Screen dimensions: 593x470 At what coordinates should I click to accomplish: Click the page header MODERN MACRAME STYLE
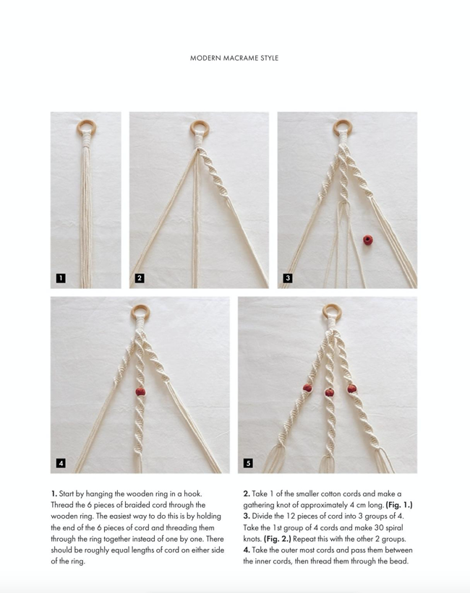pyautogui.click(x=234, y=58)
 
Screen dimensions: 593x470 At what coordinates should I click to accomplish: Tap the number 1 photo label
pyautogui.click(x=61, y=278)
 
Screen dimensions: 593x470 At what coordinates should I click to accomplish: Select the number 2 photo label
pyautogui.click(x=140, y=278)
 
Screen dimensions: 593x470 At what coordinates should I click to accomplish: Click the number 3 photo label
pyautogui.click(x=288, y=278)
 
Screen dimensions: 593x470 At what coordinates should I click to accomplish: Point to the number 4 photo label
pyautogui.click(x=61, y=462)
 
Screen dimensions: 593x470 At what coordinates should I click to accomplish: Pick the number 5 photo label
pyautogui.click(x=248, y=462)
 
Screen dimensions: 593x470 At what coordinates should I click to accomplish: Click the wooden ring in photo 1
pyautogui.click(x=86, y=129)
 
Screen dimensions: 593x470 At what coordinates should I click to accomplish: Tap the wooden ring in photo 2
pyautogui.click(x=199, y=130)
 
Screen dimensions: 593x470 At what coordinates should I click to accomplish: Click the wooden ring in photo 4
pyautogui.click(x=140, y=313)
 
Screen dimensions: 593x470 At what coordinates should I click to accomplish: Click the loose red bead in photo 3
pyautogui.click(x=368, y=238)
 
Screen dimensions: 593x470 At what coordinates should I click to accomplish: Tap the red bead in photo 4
pyautogui.click(x=140, y=391)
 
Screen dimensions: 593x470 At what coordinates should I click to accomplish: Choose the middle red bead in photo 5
pyautogui.click(x=329, y=392)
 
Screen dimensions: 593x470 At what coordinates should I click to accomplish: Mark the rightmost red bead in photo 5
pyautogui.click(x=351, y=389)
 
